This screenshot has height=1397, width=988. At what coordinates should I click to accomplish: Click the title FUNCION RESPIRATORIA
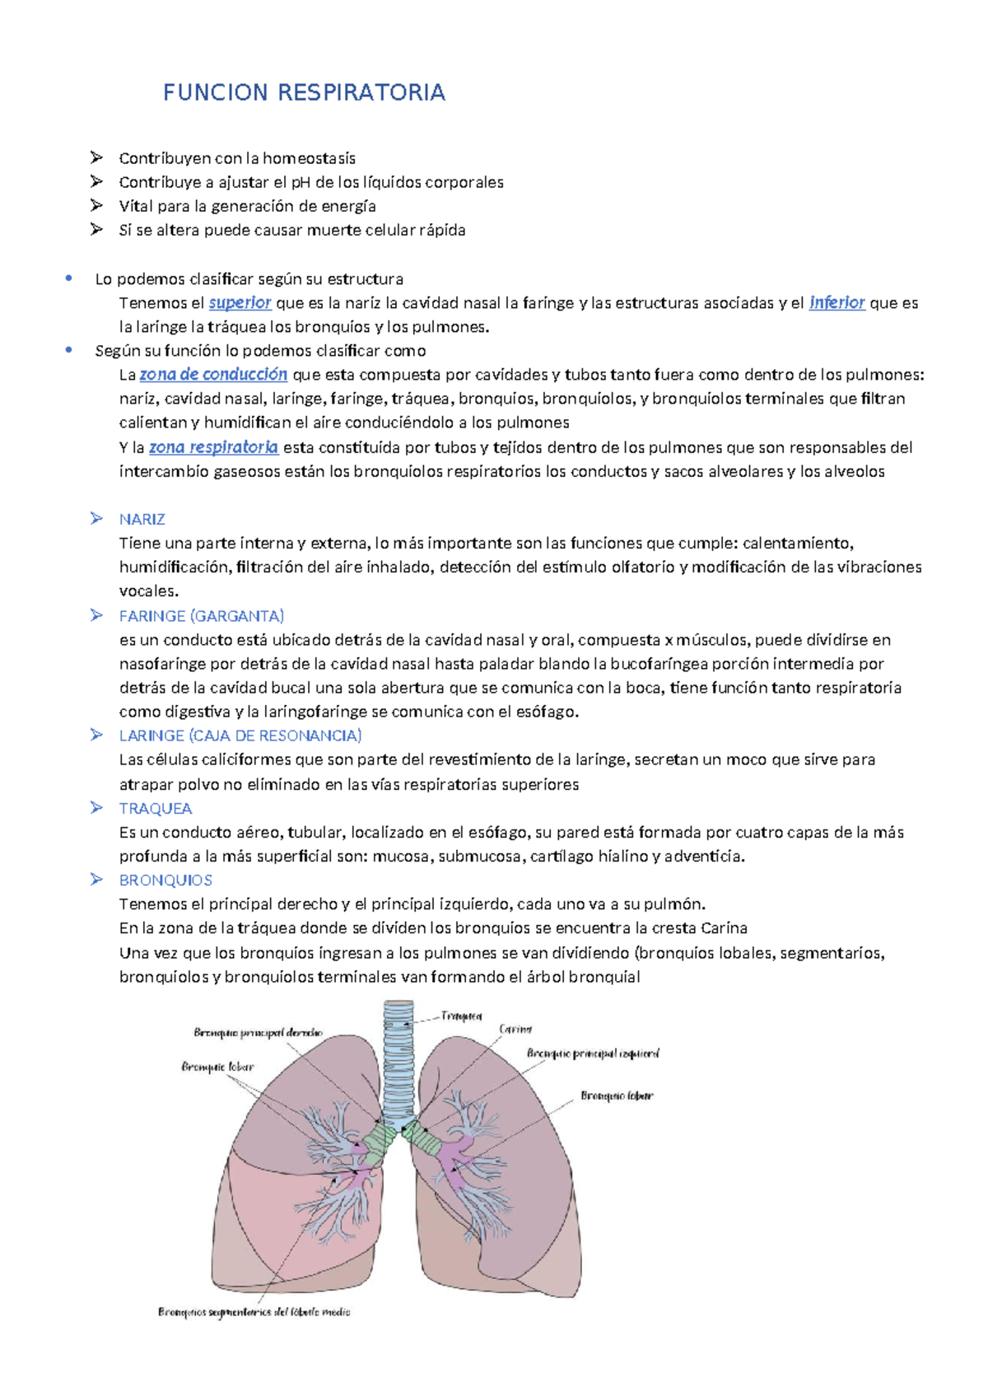click(x=304, y=92)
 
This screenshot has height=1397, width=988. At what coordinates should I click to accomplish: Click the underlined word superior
click(x=240, y=303)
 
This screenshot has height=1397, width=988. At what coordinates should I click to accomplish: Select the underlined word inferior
click(x=837, y=303)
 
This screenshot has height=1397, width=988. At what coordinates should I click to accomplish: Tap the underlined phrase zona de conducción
click(x=213, y=375)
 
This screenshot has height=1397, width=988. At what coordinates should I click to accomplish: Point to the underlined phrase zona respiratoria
click(x=213, y=447)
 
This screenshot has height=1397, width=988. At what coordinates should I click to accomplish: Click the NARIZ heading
click(x=142, y=519)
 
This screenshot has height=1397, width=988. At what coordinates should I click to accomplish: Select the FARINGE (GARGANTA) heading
click(x=202, y=616)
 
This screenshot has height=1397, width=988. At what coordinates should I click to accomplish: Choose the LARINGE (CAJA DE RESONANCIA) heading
click(x=240, y=736)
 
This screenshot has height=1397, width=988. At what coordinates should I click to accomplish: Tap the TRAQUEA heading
click(x=156, y=808)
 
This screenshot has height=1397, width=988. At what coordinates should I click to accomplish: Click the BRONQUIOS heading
click(x=165, y=880)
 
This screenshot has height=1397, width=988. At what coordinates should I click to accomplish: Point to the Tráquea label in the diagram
click(x=462, y=1016)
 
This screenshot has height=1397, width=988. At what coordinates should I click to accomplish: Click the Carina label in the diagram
click(x=515, y=1030)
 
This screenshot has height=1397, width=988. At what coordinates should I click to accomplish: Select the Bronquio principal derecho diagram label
click(x=258, y=1032)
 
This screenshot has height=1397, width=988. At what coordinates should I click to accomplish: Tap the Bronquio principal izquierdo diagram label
click(x=593, y=1054)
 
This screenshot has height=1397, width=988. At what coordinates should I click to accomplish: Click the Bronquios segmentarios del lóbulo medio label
click(x=254, y=1312)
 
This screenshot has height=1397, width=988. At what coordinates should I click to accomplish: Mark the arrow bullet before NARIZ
click(x=96, y=519)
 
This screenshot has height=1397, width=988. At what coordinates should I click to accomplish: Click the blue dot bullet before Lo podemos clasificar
click(x=68, y=278)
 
